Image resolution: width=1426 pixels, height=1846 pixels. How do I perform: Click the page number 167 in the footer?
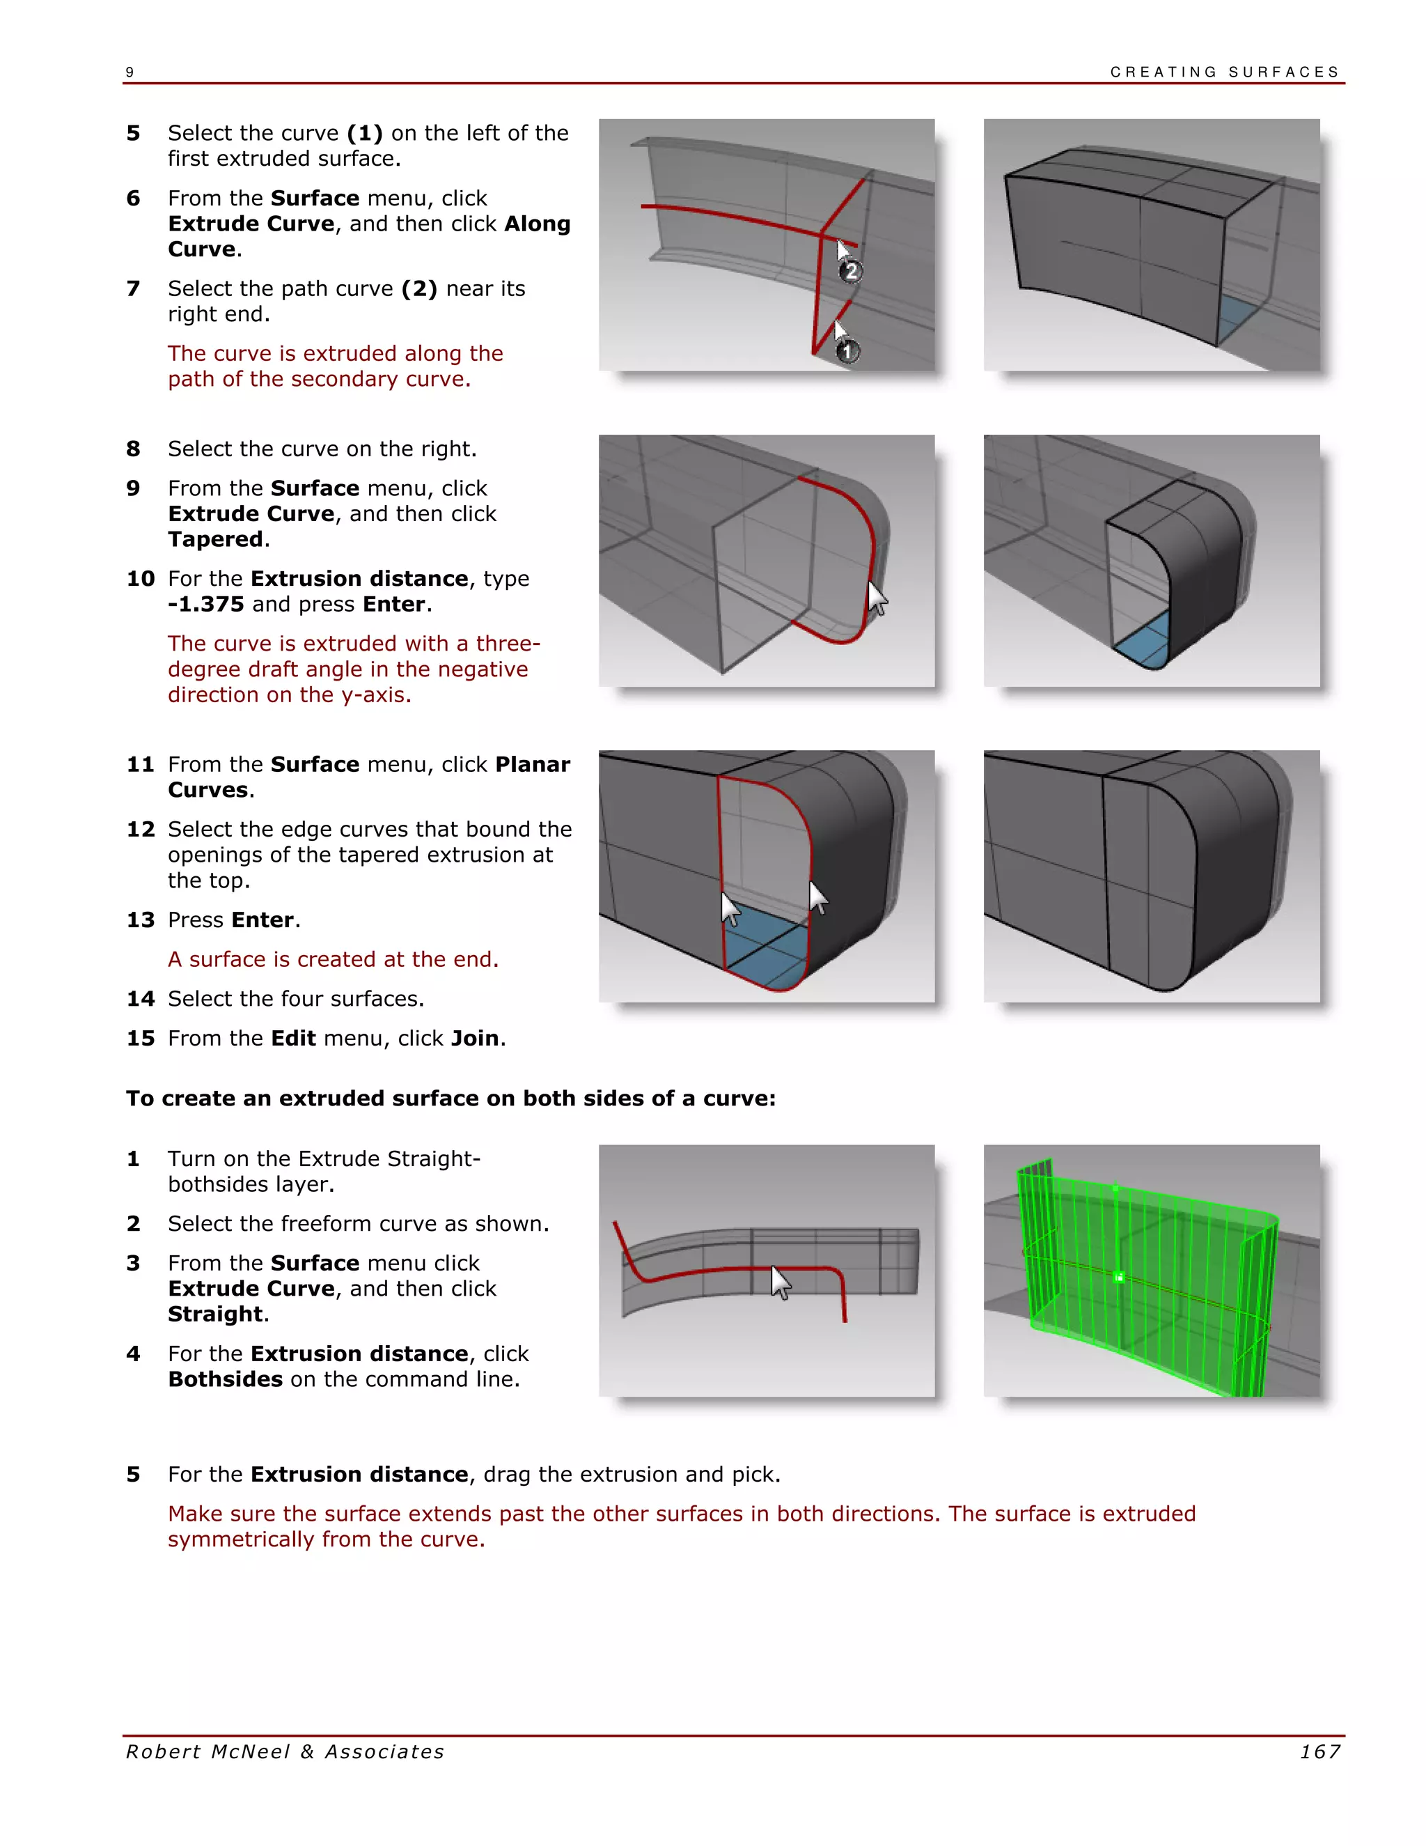(1319, 1751)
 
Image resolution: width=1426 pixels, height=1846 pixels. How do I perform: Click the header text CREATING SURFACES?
(1224, 72)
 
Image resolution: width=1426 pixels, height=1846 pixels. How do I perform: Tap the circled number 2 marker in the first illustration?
(851, 271)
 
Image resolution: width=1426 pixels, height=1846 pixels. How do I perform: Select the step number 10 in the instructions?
(140, 579)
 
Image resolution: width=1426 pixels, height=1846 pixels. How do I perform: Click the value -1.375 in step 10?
(206, 605)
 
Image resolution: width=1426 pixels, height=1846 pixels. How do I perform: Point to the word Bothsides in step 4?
(225, 1379)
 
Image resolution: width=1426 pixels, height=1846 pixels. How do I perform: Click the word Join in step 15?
(475, 1038)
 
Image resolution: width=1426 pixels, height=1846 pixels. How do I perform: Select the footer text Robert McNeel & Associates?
(285, 1751)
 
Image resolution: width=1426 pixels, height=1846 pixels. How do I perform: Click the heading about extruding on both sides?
(450, 1098)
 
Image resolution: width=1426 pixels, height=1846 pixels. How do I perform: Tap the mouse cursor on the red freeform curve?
(781, 1282)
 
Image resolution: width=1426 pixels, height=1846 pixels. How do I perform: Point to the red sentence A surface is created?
(333, 959)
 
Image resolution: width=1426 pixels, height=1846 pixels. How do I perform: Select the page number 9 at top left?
(130, 72)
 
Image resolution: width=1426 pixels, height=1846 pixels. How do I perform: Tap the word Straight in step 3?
(215, 1314)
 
